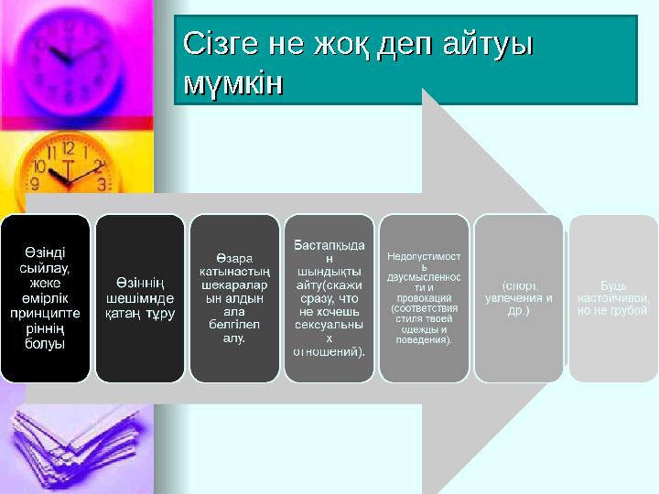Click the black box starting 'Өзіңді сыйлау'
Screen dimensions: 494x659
click(x=45, y=298)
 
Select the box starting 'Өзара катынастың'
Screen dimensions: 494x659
click(x=234, y=298)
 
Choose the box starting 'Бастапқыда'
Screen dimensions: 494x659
click(x=329, y=298)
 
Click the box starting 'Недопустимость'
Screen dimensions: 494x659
click(x=424, y=298)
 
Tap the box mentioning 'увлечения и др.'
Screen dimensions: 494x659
click(x=518, y=298)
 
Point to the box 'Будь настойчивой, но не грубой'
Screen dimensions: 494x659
click(x=613, y=298)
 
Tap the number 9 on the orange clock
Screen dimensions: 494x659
click(x=38, y=168)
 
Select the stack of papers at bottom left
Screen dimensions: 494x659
click(x=64, y=448)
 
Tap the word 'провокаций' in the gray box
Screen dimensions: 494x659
click(x=424, y=298)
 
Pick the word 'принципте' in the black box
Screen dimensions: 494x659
click(x=45, y=311)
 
